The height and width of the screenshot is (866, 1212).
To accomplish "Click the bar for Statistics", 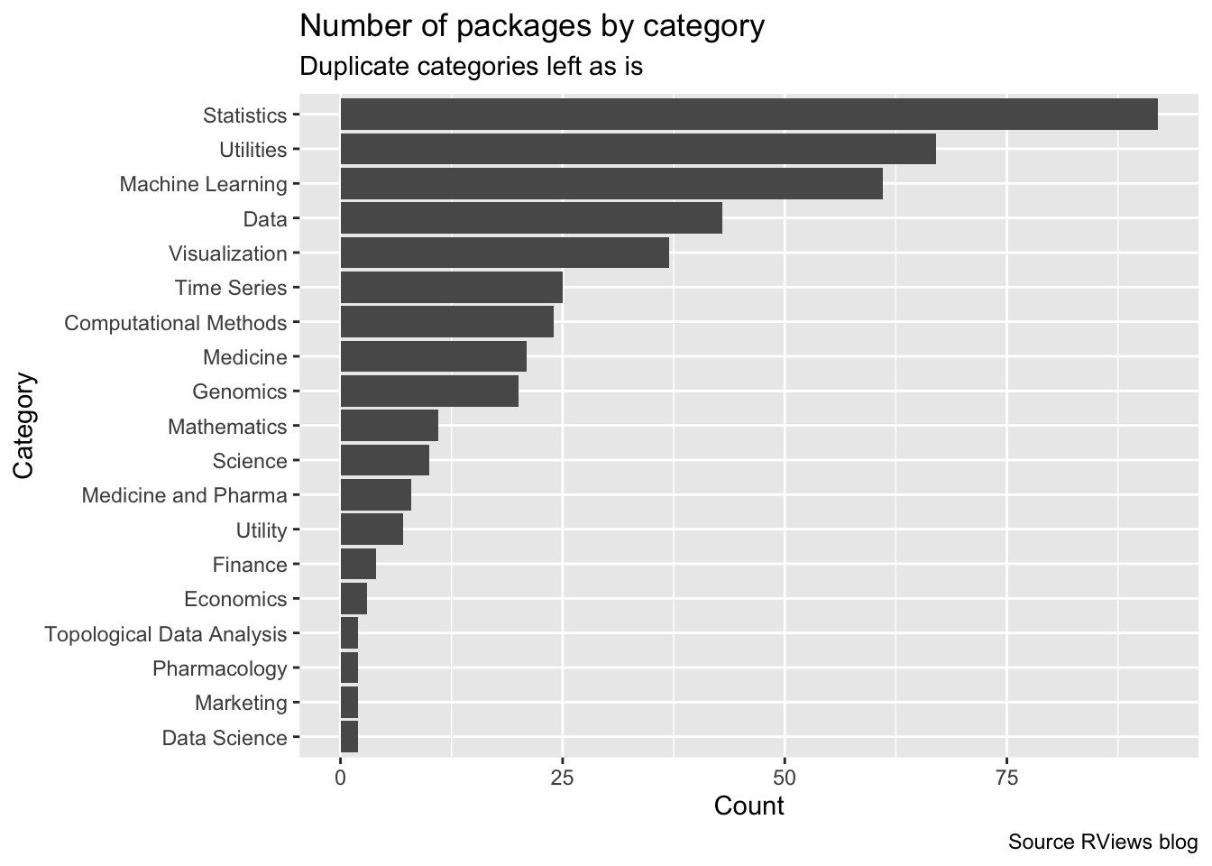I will click(x=748, y=115).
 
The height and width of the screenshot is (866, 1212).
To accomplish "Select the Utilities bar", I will click(x=638, y=149).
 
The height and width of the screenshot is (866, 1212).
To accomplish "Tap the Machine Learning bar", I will click(x=611, y=184).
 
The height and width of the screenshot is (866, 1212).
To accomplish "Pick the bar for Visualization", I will click(x=504, y=253).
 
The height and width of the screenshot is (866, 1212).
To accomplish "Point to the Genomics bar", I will click(x=429, y=392).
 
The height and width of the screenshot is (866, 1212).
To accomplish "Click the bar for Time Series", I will click(x=451, y=288).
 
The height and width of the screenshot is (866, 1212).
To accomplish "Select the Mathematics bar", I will click(x=389, y=426).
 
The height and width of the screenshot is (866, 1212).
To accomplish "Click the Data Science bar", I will click(x=349, y=737).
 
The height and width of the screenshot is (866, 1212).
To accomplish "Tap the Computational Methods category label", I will click(x=176, y=323).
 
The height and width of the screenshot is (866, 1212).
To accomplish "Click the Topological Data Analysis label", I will click(x=166, y=634).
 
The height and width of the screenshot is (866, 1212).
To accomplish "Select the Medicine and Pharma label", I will click(x=184, y=495).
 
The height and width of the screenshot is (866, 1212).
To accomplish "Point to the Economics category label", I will click(x=235, y=599).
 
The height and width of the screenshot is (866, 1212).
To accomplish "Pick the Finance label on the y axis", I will click(x=250, y=565).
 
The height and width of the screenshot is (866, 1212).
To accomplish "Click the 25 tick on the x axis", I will click(x=563, y=778).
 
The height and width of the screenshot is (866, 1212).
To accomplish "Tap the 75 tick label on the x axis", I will click(x=1006, y=778).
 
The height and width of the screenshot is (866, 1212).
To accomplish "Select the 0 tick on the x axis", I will click(x=341, y=778).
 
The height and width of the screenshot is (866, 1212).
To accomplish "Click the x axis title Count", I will click(x=748, y=806).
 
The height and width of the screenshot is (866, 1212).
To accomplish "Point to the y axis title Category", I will click(x=24, y=426).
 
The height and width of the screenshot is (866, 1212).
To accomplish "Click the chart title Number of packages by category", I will click(x=532, y=26).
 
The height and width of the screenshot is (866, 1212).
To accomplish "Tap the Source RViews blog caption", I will click(x=1103, y=843).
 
